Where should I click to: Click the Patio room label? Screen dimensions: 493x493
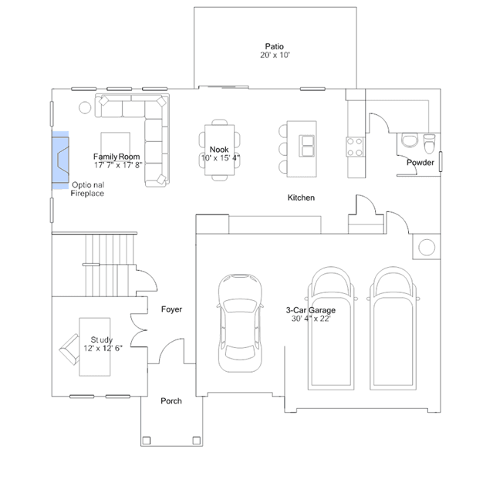(x=274, y=46)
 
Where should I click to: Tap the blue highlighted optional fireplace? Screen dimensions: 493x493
(x=60, y=160)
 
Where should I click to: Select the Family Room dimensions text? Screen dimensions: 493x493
(x=118, y=165)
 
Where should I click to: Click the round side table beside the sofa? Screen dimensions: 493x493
(x=85, y=107)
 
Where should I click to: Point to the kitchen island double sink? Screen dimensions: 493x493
(x=306, y=146)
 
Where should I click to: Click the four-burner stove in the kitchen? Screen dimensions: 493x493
(x=355, y=147)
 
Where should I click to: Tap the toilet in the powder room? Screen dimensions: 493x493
(x=429, y=144)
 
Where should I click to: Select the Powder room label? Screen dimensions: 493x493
(x=420, y=163)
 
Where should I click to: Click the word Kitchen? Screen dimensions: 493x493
(x=301, y=198)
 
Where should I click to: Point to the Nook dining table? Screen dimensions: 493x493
(x=219, y=150)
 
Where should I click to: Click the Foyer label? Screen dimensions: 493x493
(x=171, y=309)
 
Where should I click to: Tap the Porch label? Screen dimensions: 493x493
(x=171, y=401)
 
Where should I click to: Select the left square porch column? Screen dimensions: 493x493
(x=146, y=441)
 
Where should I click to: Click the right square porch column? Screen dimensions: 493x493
(x=197, y=441)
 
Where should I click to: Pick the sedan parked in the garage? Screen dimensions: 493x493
(x=240, y=323)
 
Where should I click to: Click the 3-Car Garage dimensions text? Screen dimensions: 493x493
(x=311, y=319)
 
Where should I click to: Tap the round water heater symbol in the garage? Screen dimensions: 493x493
(x=427, y=247)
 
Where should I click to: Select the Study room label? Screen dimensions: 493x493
(x=102, y=339)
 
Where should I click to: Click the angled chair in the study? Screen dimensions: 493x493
(x=69, y=349)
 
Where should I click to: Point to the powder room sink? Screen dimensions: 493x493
(x=410, y=140)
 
